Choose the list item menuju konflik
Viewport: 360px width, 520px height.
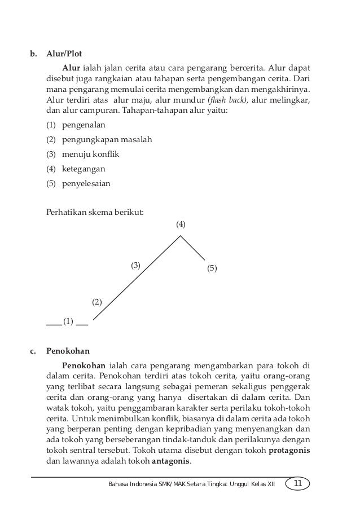[84, 154]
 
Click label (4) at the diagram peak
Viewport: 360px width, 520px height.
[181, 224]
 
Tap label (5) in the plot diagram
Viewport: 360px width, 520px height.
[212, 269]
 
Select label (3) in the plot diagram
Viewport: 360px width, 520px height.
[136, 265]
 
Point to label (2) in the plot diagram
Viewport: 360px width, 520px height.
[97, 302]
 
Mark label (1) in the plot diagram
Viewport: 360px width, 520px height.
[68, 322]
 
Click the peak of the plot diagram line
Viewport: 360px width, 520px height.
[181, 236]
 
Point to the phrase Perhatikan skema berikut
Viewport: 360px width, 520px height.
[94, 213]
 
